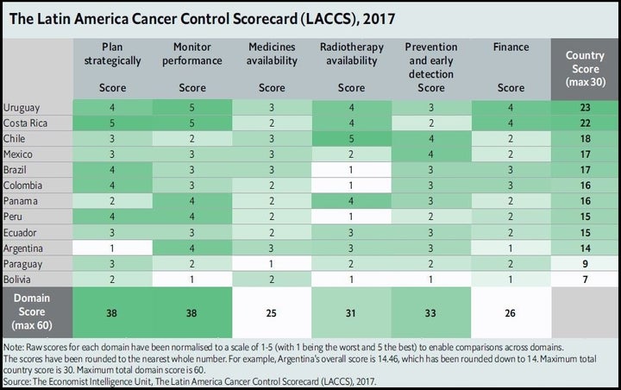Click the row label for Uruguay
pyautogui.click(x=22, y=108)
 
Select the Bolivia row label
pyautogui.click(x=16, y=280)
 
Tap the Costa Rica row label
pyautogui.click(x=25, y=123)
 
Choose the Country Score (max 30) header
pyautogui.click(x=586, y=68)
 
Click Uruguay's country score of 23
pyautogui.click(x=586, y=108)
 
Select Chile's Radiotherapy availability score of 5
pyautogui.click(x=351, y=139)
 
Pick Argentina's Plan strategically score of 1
pyautogui.click(x=112, y=248)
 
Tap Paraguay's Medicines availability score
pyautogui.click(x=272, y=264)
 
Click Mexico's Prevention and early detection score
pyautogui.click(x=431, y=154)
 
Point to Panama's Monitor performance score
pyautogui.click(x=191, y=201)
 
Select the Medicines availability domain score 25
pyautogui.click(x=272, y=313)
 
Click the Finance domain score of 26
pyautogui.click(x=510, y=313)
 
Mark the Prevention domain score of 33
pyautogui.click(x=430, y=313)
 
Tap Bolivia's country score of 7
pyautogui.click(x=586, y=280)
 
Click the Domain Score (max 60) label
pyautogui.click(x=32, y=312)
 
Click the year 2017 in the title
pyautogui.click(x=379, y=19)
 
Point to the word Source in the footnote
pyautogui.click(x=16, y=381)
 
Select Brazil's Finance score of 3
pyautogui.click(x=510, y=170)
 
